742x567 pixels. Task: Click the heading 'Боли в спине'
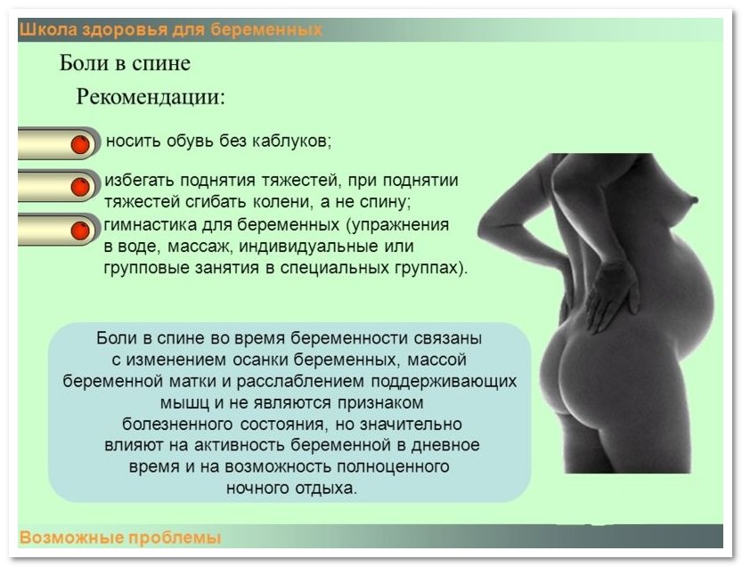coord(125,63)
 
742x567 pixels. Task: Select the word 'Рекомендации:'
coord(151,96)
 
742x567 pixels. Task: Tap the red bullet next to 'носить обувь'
coord(80,144)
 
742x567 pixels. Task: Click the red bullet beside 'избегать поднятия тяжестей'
coord(80,186)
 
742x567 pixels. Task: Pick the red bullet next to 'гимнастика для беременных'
coord(80,231)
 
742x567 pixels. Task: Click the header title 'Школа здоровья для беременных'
coord(170,29)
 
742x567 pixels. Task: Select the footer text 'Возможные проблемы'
coord(120,538)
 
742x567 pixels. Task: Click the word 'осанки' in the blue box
coord(260,360)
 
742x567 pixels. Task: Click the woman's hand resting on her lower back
coord(611,296)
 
